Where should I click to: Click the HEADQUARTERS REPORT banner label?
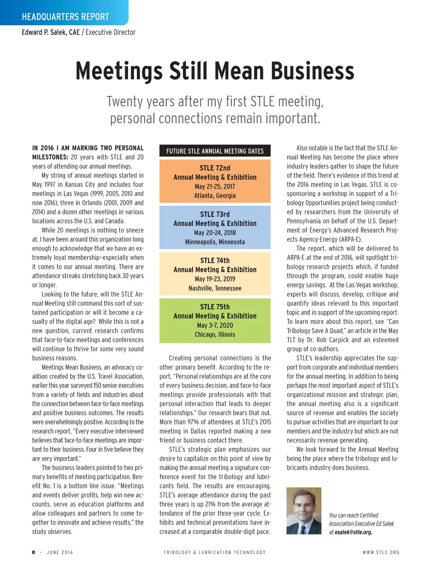tap(65, 17)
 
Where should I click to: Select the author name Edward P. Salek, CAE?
tap(51, 32)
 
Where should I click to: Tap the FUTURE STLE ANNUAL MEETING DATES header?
tap(215, 151)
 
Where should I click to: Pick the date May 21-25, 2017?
tap(215, 186)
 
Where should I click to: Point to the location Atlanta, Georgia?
tap(215, 196)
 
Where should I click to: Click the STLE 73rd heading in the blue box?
tap(215, 214)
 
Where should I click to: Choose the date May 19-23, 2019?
tap(215, 279)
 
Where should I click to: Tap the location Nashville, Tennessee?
tap(215, 288)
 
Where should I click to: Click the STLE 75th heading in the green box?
tap(215, 307)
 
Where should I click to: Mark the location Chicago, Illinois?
tap(215, 335)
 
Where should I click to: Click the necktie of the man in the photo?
tap(303, 528)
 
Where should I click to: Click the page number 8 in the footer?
tap(34, 552)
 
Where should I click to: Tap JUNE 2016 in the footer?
tap(60, 552)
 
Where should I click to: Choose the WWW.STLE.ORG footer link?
tap(381, 552)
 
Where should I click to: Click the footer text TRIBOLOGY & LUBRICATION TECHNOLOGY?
tap(215, 552)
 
